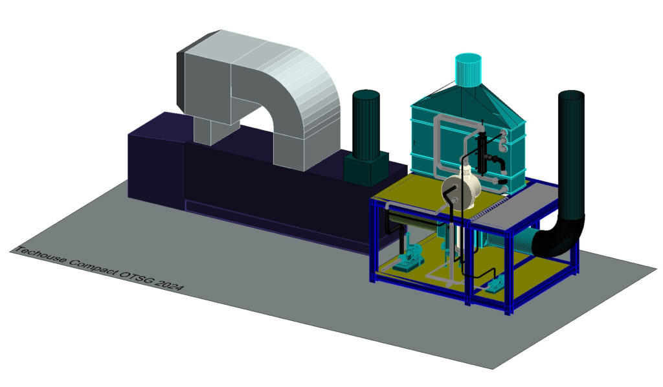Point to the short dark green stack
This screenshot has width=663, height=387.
click(x=366, y=125)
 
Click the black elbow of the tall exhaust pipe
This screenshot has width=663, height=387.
click(x=558, y=239)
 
